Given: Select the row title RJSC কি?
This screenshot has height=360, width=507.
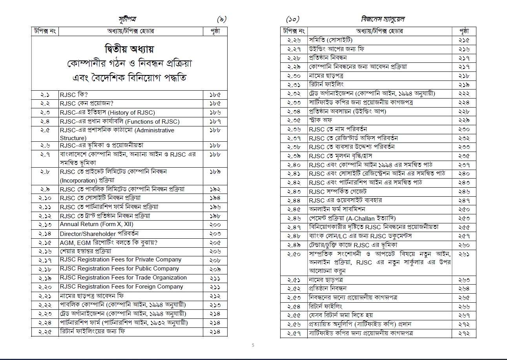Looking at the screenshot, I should click(73, 95).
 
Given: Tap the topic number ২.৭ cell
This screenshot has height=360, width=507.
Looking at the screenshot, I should click(45, 154).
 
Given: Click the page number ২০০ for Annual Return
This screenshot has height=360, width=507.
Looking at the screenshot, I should click(215, 225).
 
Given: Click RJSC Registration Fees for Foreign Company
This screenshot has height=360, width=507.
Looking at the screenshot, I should click(121, 287).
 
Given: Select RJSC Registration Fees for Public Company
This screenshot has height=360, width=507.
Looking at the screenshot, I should click(119, 269).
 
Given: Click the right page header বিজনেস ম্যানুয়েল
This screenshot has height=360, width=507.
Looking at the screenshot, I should click(382, 19).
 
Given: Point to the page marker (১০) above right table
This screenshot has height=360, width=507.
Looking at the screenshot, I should click(293, 19).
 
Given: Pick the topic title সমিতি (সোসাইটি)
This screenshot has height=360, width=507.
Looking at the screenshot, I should click(330, 40).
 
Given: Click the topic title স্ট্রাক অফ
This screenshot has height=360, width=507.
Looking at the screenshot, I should click(321, 120).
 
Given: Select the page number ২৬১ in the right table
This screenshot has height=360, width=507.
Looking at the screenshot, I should click(464, 254).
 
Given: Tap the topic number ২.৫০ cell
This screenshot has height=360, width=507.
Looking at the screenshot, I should click(294, 254).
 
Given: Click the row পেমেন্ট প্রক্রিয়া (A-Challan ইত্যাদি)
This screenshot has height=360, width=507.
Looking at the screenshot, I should click(352, 218).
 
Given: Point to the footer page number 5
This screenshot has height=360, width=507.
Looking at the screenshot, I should click(253, 345).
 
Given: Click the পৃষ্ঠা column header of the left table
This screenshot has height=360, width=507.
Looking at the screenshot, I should click(215, 31).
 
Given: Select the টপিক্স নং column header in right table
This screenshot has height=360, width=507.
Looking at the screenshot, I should click(294, 31).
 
